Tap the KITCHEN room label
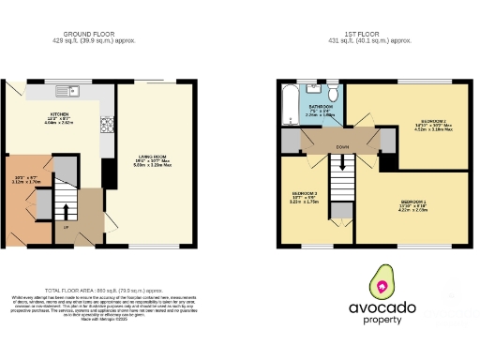[60, 116]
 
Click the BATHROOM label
[322, 107]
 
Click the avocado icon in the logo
[382, 280]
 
